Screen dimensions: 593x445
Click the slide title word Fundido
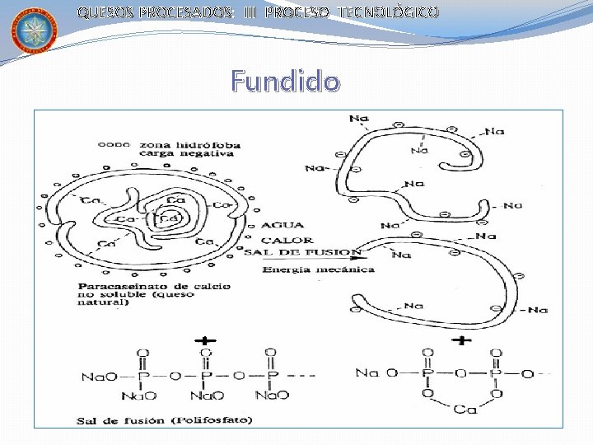[x=284, y=82]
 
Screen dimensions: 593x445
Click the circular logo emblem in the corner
[x=34, y=30]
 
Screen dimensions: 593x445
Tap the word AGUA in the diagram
[x=283, y=225]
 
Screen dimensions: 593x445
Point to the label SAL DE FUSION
[x=302, y=252]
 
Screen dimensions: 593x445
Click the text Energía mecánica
[x=317, y=269]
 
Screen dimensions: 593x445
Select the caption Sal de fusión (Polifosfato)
[x=165, y=420]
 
